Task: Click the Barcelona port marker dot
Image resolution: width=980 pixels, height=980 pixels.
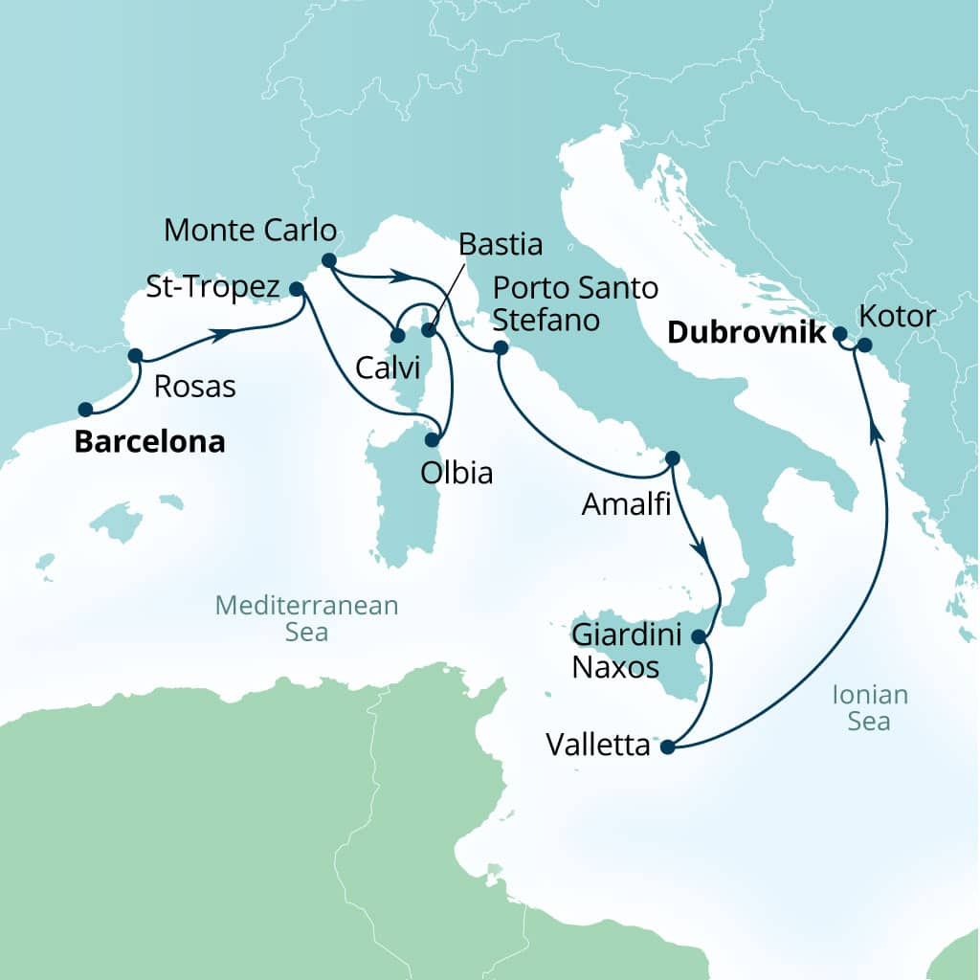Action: tap(85, 410)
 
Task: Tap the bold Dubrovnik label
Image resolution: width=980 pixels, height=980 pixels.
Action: tap(746, 333)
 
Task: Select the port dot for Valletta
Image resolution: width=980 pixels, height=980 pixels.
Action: tap(667, 748)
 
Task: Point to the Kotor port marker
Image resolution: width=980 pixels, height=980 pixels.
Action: tap(864, 345)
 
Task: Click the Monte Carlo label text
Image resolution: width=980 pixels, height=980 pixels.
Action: tap(251, 230)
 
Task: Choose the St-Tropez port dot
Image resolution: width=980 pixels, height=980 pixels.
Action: tap(296, 288)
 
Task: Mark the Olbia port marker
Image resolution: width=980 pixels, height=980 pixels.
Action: tap(433, 440)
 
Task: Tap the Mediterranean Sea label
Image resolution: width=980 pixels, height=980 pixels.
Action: tap(305, 618)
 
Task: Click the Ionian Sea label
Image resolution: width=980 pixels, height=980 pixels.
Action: tap(869, 708)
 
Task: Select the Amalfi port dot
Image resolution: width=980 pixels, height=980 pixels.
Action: tap(672, 457)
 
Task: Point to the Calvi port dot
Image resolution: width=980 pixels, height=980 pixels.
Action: tap(396, 336)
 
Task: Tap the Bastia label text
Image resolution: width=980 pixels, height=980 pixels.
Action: tap(501, 244)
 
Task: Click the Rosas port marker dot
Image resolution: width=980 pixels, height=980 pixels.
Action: tap(135, 355)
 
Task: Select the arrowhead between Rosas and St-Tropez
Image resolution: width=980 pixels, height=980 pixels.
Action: tap(220, 334)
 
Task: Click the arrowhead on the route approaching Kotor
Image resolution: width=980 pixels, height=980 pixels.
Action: tap(874, 433)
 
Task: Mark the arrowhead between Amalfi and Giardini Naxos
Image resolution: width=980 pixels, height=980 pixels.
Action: tap(702, 552)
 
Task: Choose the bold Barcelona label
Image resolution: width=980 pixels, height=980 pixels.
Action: tap(150, 442)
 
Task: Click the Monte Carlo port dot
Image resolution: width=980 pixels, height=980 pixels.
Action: tap(328, 259)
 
